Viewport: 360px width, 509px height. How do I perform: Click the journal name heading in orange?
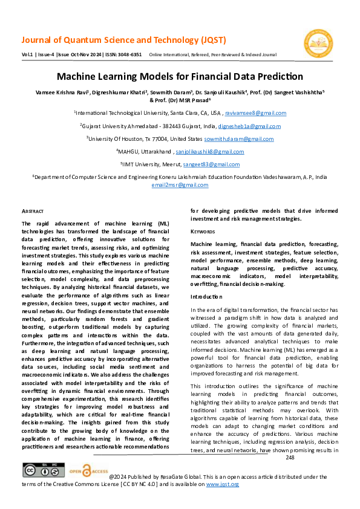pos(124,41)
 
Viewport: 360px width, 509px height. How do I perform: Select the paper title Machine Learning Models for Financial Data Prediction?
pos(180,77)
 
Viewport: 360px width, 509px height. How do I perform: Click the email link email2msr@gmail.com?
pos(180,185)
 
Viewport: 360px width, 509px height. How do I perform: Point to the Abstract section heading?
pos(33,211)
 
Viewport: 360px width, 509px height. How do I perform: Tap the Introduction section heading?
pos(206,297)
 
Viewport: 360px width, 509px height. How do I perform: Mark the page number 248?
pos(289,458)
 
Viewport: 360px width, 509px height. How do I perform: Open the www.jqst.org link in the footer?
pos(223,484)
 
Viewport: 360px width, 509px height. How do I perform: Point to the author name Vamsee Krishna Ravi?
pos(57,92)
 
